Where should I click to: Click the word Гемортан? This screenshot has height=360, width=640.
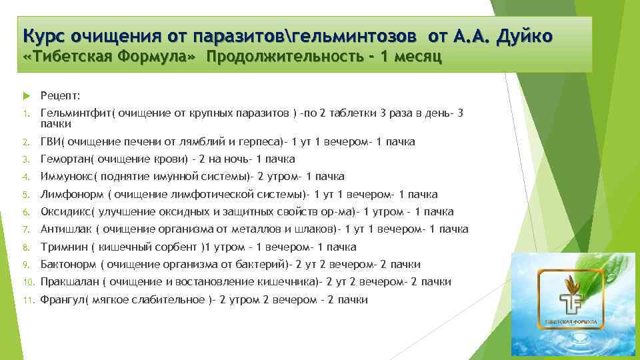click(x=64, y=159)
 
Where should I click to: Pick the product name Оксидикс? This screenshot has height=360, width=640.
click(x=66, y=212)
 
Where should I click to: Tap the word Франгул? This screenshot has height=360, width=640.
click(x=62, y=300)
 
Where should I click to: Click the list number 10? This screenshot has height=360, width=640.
click(x=28, y=283)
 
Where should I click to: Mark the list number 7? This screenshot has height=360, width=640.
click(x=25, y=230)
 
